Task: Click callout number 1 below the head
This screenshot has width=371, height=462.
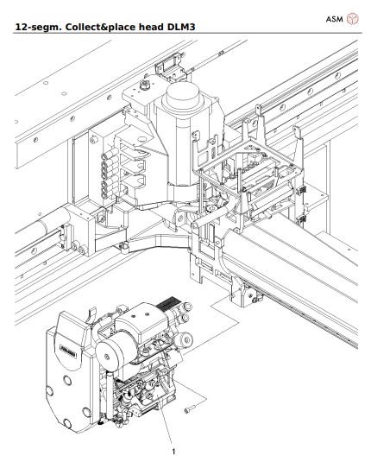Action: (175, 449)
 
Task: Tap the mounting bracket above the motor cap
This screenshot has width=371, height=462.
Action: (166, 66)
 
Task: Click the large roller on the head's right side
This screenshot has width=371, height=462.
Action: (182, 345)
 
